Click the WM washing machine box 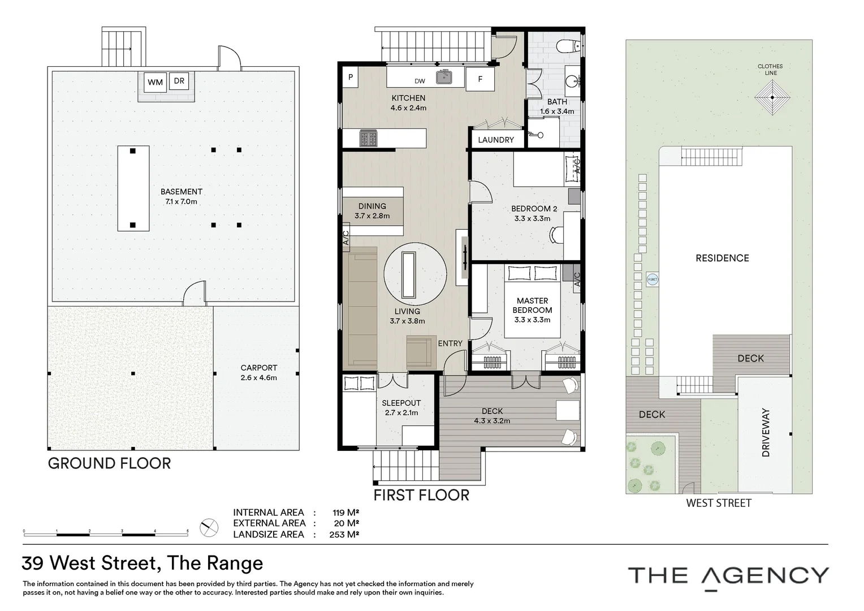coord(155,82)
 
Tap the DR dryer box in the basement coord(179,81)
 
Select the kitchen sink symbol coord(444,77)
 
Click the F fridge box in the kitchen coord(480,79)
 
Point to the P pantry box coord(350,77)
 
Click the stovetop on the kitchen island coord(368,138)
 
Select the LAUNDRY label coord(496,140)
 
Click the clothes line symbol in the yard coord(772,97)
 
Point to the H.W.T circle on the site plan coord(653,279)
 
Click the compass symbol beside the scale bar coord(209,528)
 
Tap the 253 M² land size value coord(344,535)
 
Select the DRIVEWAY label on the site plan coord(766,432)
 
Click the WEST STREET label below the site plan coord(719,504)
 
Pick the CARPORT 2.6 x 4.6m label coord(259,373)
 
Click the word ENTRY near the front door coord(450,343)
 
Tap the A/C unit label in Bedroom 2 coord(577,166)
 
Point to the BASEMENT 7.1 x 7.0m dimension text coord(182,201)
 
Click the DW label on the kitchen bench coord(420,81)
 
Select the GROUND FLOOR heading coord(109,463)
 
